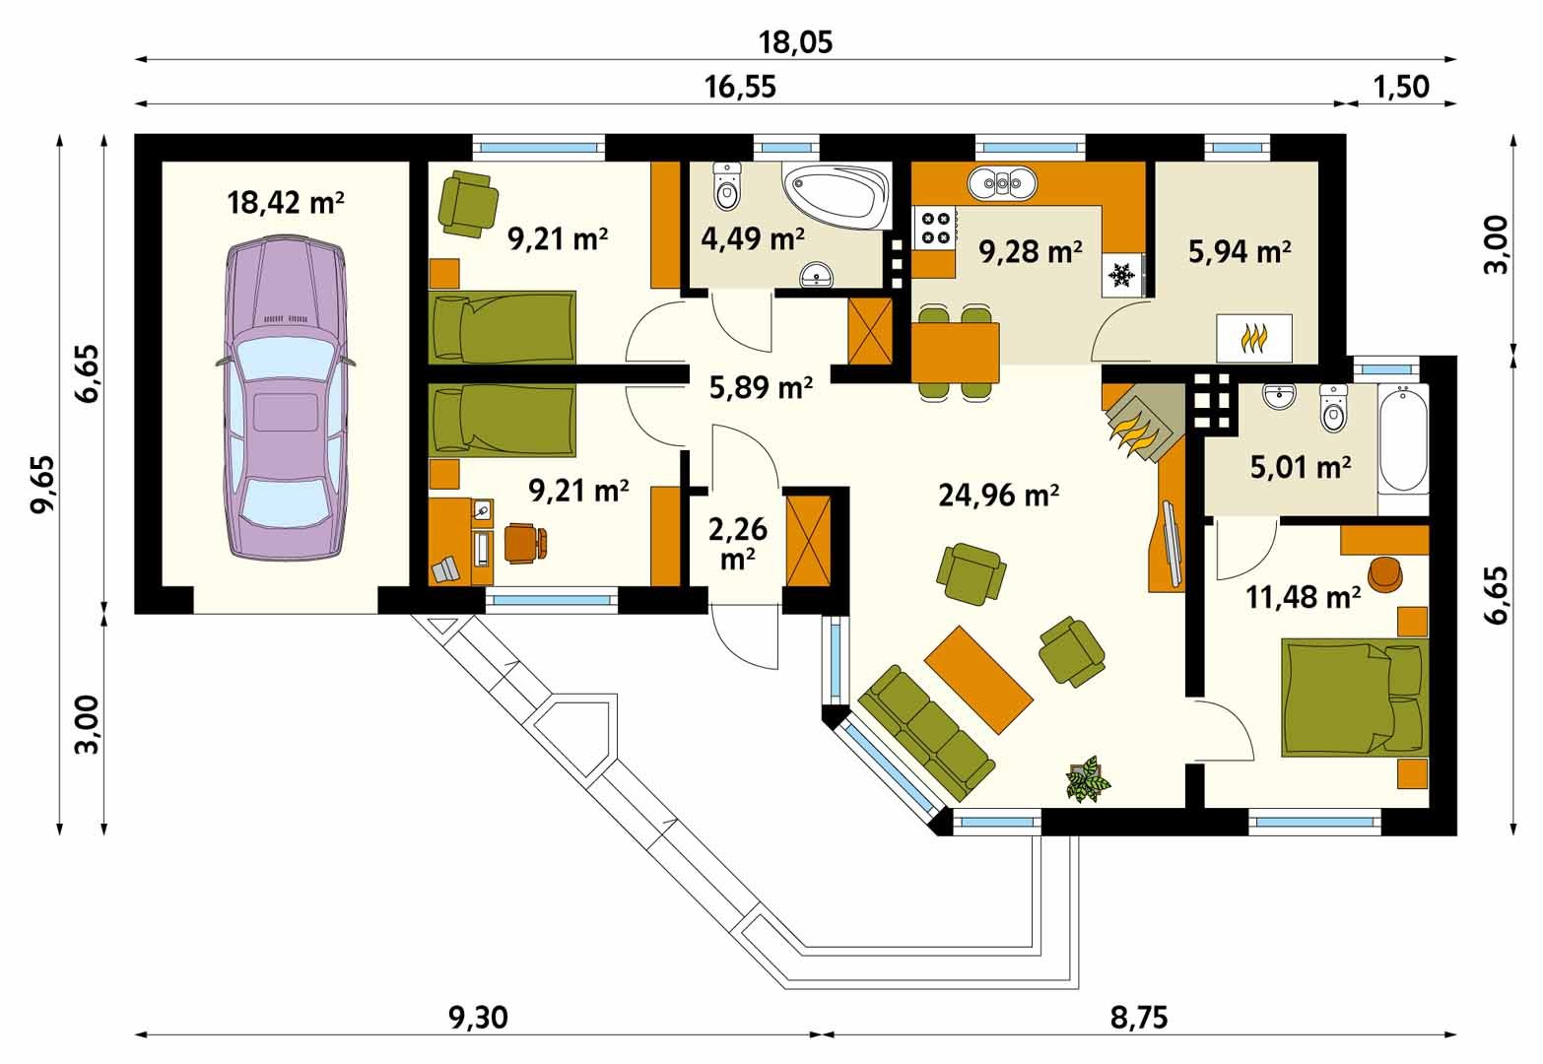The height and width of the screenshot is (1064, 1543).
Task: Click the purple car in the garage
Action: [x=286, y=397]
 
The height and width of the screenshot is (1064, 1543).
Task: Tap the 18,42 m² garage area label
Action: [x=285, y=203]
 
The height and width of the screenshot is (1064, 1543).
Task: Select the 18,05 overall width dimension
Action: [x=795, y=42]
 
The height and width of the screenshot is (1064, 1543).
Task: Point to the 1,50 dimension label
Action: [x=1401, y=88]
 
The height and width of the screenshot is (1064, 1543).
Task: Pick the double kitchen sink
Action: [x=1002, y=183]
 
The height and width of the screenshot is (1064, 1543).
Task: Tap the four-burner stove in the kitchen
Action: [x=935, y=228]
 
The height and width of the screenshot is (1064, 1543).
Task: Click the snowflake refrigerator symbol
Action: [x=1121, y=276]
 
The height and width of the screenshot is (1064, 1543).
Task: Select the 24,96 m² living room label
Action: [x=998, y=496]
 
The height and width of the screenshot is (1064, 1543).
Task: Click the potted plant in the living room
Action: [x=1088, y=779]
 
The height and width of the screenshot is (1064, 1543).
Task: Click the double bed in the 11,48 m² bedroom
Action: [x=1354, y=698]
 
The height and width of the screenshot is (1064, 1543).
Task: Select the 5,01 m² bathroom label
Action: [x=1301, y=468]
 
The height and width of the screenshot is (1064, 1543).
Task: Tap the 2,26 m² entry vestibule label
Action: [x=738, y=544]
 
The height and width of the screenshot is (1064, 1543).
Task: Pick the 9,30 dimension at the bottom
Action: [x=478, y=1018]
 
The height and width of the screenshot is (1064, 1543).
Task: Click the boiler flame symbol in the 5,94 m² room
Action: [x=1254, y=338]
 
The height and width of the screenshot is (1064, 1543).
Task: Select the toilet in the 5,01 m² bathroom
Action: [x=1334, y=408]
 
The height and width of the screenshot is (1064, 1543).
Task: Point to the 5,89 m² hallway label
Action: [x=761, y=388]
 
